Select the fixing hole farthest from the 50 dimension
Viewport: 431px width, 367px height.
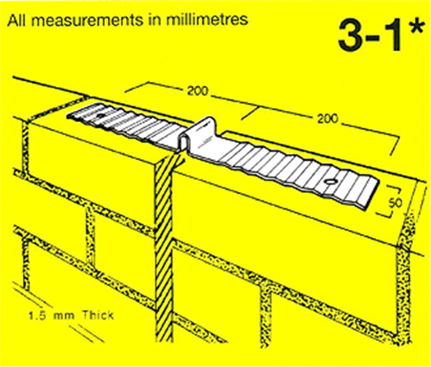tap(101, 113)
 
